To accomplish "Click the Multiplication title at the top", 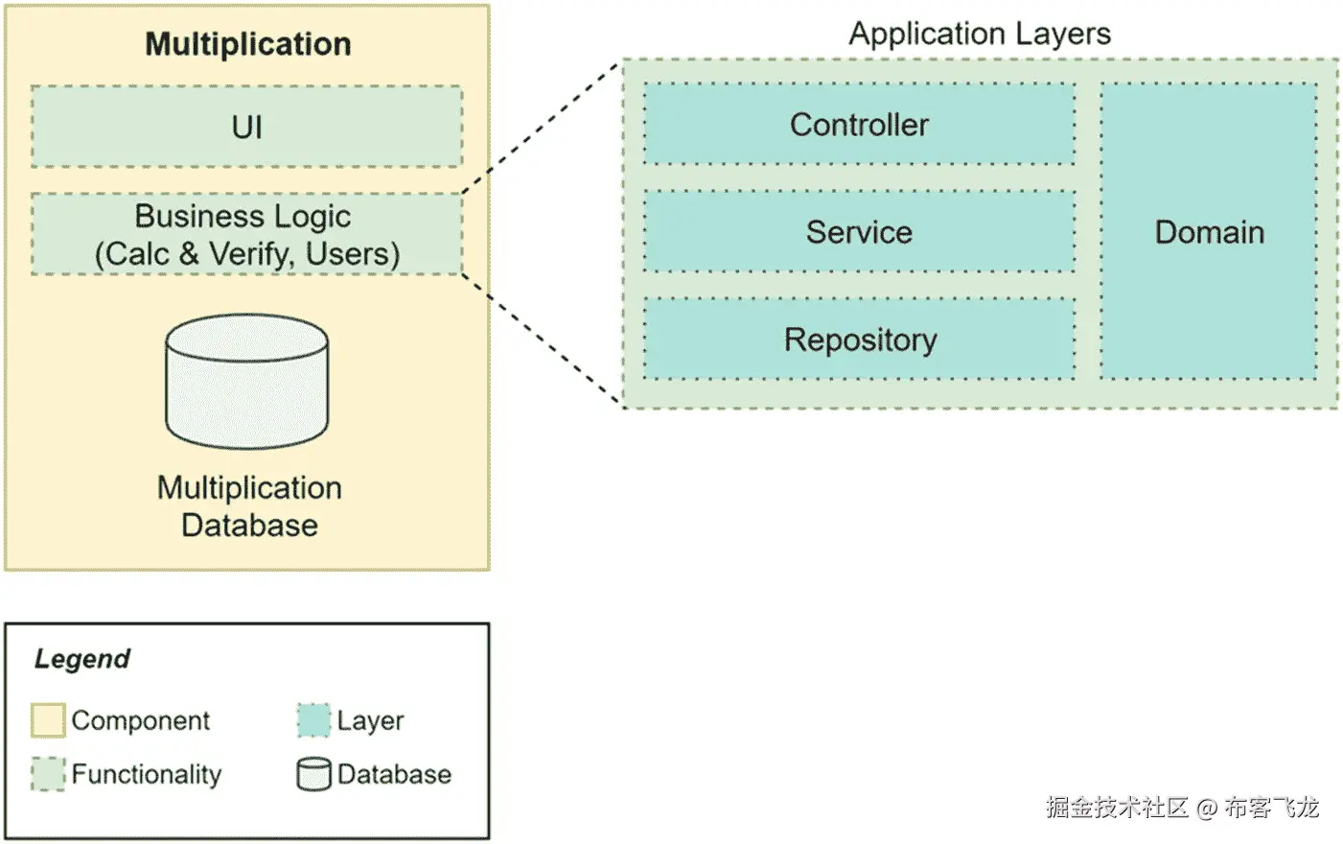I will pos(247,44).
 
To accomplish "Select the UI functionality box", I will pos(246,127).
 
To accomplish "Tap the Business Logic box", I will pos(246,235).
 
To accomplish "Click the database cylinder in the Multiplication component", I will pos(246,382).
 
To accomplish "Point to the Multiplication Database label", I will pos(249,506).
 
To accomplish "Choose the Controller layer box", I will pos(859,125).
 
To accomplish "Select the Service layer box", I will pos(859,232).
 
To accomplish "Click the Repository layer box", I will pos(859,340).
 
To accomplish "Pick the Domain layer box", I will pos(1209,232).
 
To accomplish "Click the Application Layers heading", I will pos(979,34).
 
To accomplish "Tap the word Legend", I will pos(82,659).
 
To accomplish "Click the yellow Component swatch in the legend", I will pos(48,720).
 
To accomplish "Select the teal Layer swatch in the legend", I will pos(313,720).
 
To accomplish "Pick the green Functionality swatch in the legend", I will pos(48,774).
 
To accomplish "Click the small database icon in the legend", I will pos(313,774).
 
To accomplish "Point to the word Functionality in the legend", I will pos(147,774).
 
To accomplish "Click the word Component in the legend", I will pos(141,720).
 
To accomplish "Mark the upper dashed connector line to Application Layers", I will pos(542,129).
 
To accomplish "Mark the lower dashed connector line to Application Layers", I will pos(542,340).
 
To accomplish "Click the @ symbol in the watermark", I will pos(1206,809).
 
